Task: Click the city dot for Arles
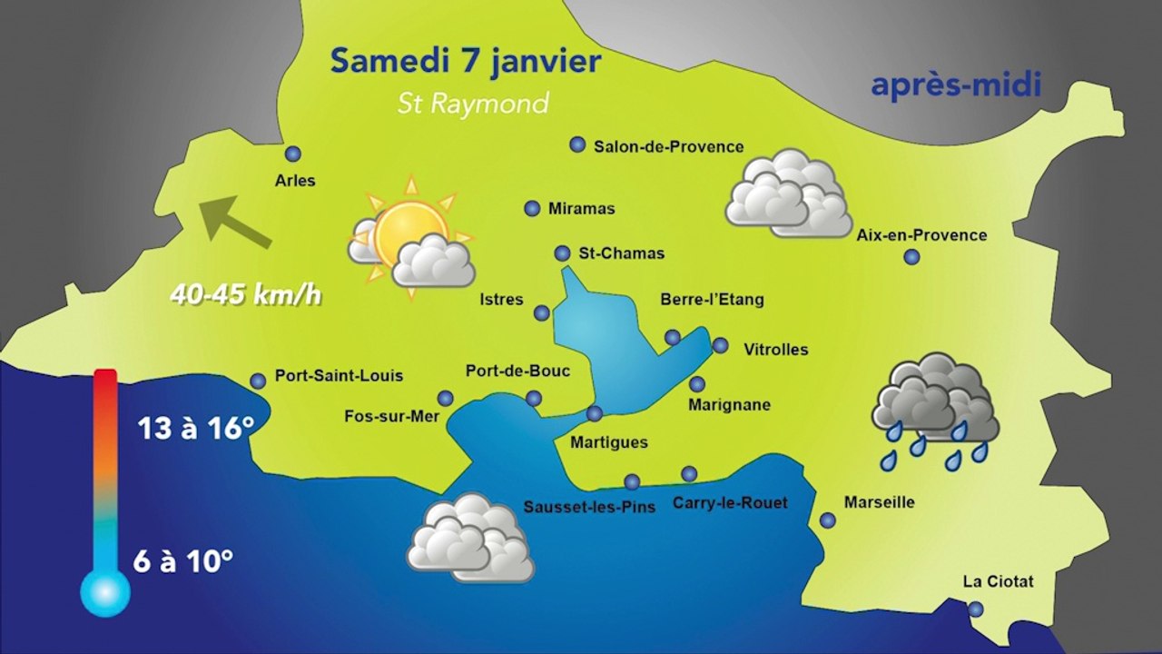292,154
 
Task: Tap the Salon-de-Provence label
668,146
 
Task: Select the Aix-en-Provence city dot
911,257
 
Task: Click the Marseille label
879,502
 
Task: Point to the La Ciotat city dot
975,609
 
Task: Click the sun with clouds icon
411,238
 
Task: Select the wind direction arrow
234,222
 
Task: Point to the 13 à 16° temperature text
194,428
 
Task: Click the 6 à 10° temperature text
183,560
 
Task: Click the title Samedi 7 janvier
465,62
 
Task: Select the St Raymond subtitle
473,104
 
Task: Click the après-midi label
955,85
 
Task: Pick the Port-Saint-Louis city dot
258,381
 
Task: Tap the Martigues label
608,442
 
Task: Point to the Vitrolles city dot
720,345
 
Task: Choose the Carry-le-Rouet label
730,502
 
